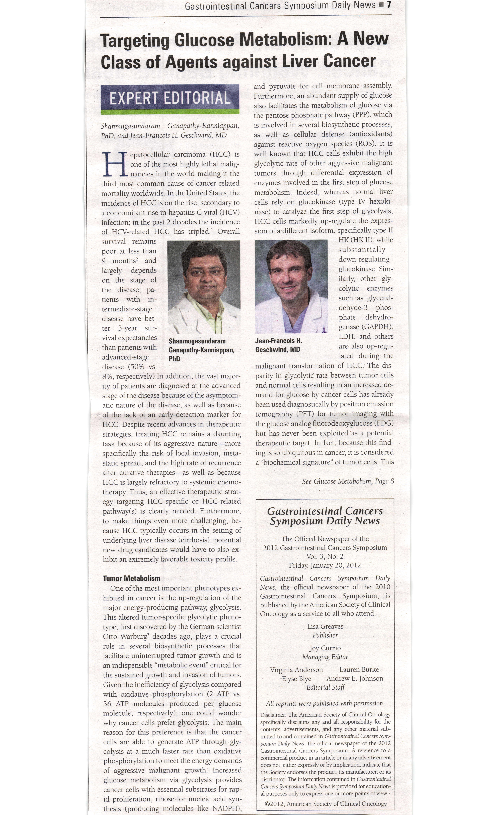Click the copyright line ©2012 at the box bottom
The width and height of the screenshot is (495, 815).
click(326, 803)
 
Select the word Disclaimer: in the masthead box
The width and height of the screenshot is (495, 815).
click(273, 715)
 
